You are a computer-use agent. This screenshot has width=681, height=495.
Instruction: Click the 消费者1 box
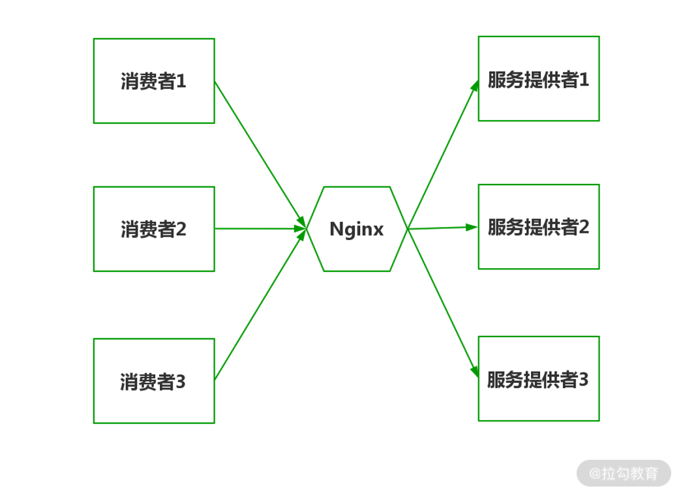coord(154,81)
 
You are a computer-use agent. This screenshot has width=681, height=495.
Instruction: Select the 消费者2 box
coord(154,229)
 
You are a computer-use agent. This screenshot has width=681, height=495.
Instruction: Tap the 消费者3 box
coord(154,381)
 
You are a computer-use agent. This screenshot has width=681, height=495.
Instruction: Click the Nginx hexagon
coord(357,229)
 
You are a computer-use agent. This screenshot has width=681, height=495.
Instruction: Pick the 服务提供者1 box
coord(539,78)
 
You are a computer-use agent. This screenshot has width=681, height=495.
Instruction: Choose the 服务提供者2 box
coord(539,226)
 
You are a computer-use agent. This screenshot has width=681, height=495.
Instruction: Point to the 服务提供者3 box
coord(539,378)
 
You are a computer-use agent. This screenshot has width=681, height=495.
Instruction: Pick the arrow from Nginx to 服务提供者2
coord(442,228)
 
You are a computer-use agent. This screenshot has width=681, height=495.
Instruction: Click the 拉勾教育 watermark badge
coord(624,473)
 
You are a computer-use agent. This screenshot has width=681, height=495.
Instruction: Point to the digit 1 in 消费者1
coord(181,82)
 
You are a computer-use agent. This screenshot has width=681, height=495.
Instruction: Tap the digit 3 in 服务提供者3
coord(584,380)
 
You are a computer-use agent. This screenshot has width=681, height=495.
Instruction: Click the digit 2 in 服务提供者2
coord(584,227)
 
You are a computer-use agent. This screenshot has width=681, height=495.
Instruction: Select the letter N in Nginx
coord(336,229)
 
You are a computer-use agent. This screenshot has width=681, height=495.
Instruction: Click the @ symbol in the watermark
coord(594,474)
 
